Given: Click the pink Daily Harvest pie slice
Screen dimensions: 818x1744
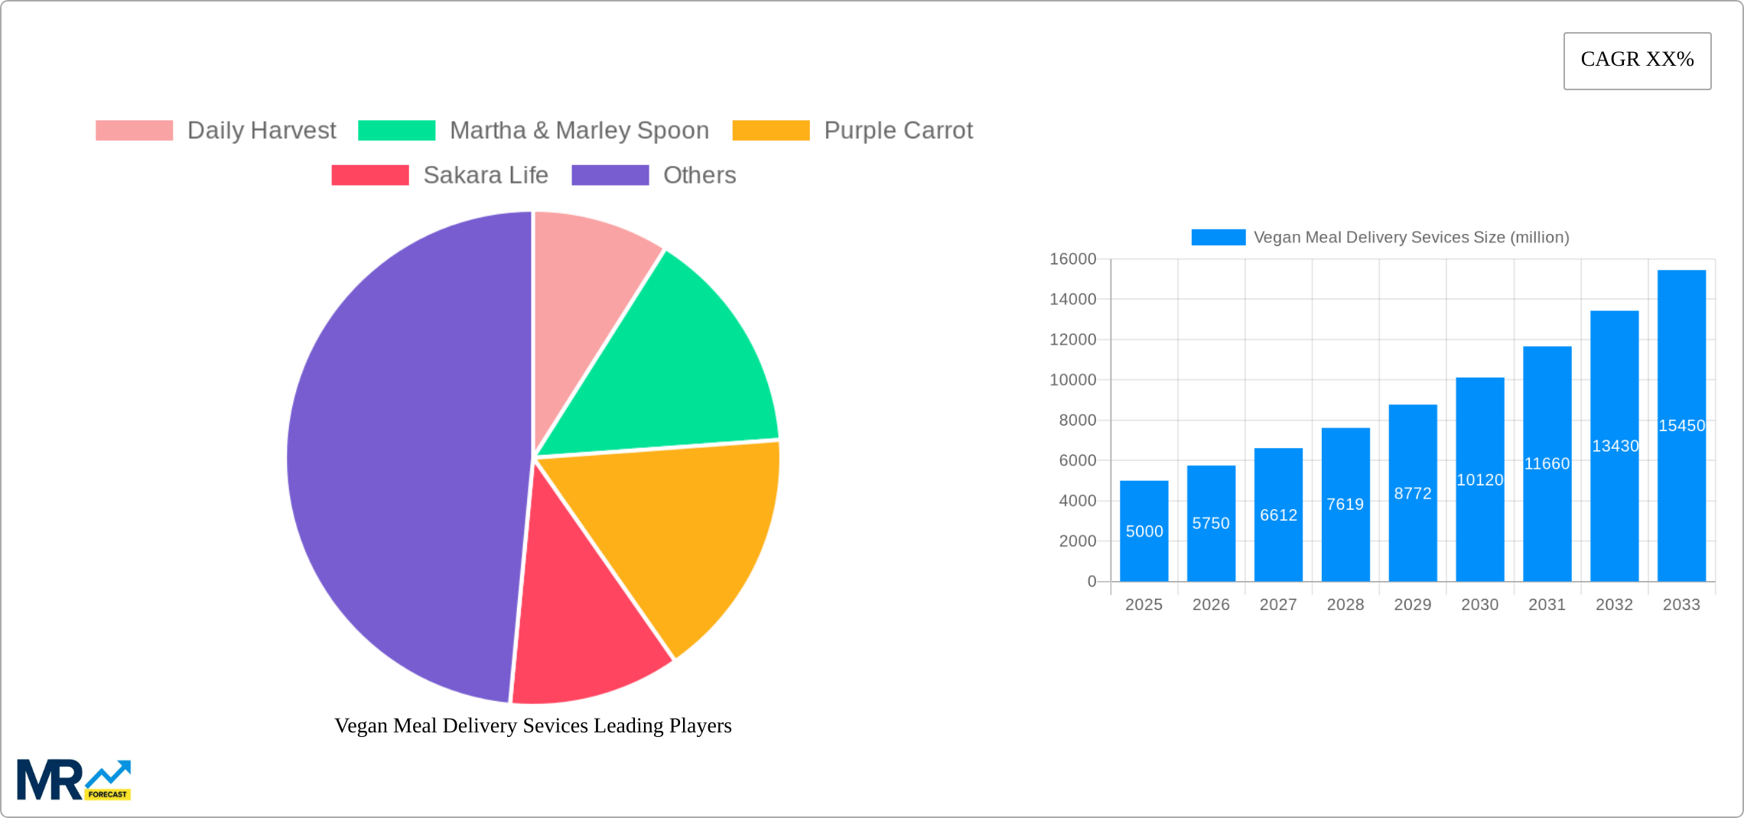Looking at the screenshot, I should [589, 291].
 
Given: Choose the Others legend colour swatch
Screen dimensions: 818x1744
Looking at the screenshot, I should [610, 175].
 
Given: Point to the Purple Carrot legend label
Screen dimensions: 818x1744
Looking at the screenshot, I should [898, 131].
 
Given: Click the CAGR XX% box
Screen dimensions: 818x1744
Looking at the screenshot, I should [1637, 60].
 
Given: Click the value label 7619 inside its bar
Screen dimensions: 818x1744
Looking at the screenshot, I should [1345, 505].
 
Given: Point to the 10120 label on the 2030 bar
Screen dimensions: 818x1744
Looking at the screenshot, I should [1479, 480].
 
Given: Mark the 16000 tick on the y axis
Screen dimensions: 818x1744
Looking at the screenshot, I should [1072, 259].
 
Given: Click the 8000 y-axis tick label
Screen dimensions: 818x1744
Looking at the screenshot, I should [1077, 420].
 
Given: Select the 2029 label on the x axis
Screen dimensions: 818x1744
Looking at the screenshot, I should [1412, 605].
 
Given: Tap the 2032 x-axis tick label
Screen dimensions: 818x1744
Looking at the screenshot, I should [1614, 605].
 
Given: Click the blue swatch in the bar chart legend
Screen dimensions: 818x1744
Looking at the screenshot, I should [1218, 238].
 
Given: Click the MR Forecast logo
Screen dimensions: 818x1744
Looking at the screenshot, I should [74, 780].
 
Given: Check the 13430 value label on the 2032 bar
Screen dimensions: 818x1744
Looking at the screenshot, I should [1615, 446].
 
